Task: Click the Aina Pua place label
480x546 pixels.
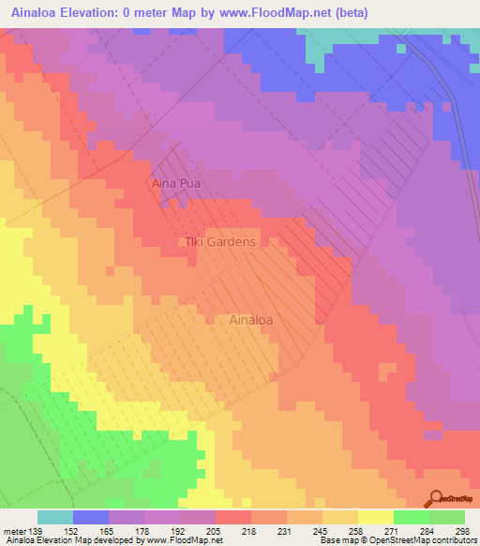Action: (176, 184)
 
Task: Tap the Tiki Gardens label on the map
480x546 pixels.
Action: (218, 242)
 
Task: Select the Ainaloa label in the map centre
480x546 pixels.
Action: (252, 320)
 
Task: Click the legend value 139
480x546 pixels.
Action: (37, 530)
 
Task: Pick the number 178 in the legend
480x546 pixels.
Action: (143, 530)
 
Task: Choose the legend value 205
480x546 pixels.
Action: (215, 530)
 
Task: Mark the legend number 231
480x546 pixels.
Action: (286, 530)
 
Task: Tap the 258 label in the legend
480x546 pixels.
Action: (357, 530)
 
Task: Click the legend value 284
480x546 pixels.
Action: (428, 530)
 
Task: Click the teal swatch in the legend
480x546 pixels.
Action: (55, 517)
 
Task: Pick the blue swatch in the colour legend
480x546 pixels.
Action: (91, 517)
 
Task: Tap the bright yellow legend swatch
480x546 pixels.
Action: (375, 517)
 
